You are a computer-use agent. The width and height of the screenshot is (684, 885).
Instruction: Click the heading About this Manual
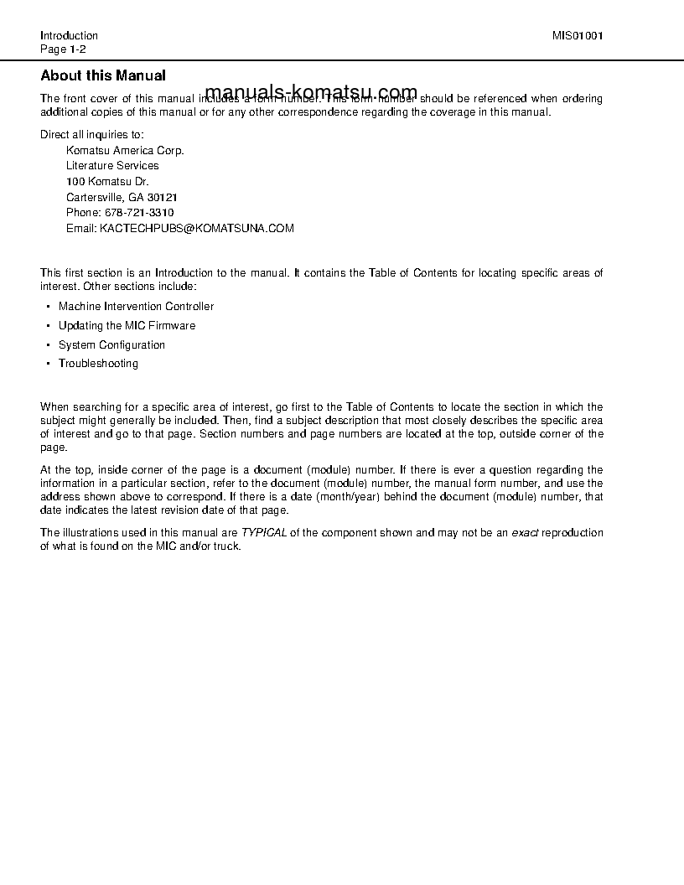pos(103,75)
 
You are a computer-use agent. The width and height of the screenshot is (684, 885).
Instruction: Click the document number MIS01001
pos(578,36)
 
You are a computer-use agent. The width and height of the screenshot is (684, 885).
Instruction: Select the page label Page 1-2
pos(64,49)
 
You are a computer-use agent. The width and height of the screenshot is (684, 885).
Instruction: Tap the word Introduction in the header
pos(69,36)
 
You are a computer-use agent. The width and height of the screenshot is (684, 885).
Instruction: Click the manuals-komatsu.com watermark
pos(310,92)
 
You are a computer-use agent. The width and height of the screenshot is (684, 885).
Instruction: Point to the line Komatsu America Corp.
pos(125,151)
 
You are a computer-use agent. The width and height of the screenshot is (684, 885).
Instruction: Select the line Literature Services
pos(112,166)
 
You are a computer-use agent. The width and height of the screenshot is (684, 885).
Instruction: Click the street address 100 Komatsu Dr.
pos(108,182)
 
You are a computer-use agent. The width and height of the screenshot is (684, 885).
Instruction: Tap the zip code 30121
pos(163,198)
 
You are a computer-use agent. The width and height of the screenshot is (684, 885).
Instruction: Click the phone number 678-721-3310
pos(138,213)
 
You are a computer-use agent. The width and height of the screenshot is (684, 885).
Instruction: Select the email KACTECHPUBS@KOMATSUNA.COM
pos(197,228)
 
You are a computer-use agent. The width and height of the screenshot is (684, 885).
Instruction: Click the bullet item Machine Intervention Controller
pos(136,307)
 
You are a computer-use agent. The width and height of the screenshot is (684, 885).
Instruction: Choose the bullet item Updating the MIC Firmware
pos(127,326)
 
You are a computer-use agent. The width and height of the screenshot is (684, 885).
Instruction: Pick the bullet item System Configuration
pos(111,345)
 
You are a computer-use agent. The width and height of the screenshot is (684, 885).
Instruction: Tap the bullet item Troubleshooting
pos(98,364)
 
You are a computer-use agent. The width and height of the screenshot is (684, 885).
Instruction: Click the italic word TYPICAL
pos(264,533)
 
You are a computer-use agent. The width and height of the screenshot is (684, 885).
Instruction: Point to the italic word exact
pos(525,533)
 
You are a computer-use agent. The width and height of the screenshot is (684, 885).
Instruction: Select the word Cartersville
pos(94,198)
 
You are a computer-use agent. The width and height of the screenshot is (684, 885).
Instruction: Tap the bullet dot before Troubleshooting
pos(48,364)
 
